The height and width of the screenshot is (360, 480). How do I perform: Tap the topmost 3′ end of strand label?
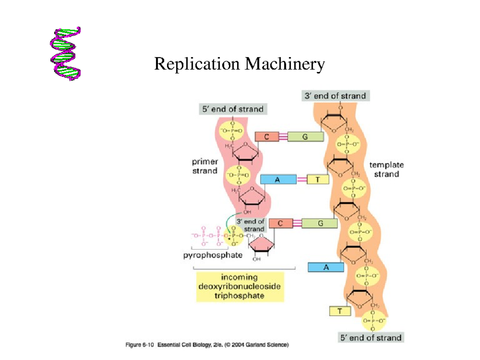(x=336, y=96)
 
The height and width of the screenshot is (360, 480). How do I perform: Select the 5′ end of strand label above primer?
(x=232, y=109)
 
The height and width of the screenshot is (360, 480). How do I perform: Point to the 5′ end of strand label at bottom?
(x=370, y=338)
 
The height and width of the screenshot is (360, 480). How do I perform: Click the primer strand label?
(x=204, y=166)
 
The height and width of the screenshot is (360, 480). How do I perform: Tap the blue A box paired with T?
(x=278, y=180)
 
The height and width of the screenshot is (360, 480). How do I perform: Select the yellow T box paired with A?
(x=318, y=180)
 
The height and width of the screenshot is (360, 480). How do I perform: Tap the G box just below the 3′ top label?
(x=305, y=137)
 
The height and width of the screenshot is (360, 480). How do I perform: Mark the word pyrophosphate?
(x=210, y=256)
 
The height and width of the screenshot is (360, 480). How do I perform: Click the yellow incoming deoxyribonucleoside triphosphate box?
(x=240, y=287)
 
